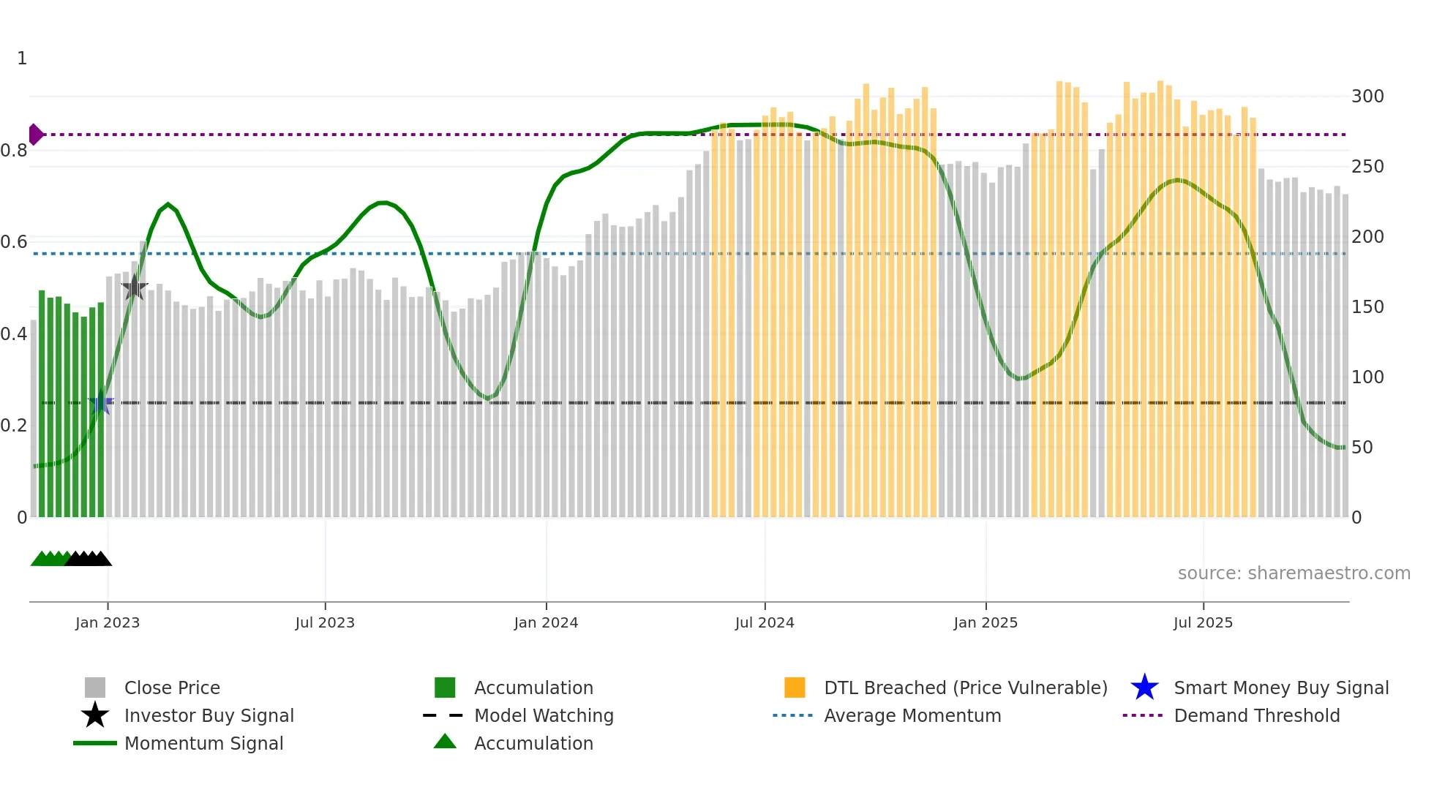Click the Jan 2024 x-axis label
point(546,622)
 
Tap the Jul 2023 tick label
point(325,622)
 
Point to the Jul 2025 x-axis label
point(1203,622)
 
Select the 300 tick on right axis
point(1367,97)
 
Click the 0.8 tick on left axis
point(14,151)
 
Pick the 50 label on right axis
point(1362,448)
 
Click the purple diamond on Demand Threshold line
point(35,135)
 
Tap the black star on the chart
point(135,287)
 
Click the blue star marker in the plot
point(101,402)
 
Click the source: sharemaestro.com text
point(1294,573)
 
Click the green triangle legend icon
point(445,742)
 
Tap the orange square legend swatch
point(795,688)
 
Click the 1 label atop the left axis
point(22,59)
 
